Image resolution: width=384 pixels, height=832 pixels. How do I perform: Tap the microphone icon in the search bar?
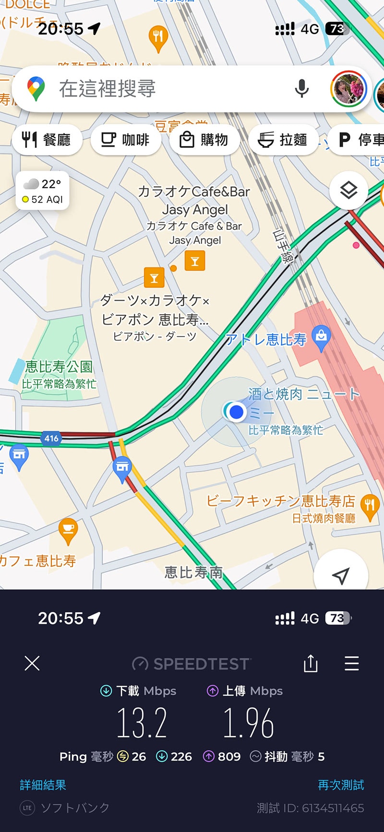coord(301,88)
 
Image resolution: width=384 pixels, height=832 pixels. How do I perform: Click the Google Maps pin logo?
coord(36,88)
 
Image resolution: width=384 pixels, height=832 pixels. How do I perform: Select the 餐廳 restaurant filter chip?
coord(47,140)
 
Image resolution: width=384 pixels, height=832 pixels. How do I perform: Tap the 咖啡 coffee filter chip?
coord(125,140)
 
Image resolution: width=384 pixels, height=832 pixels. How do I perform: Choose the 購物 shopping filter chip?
coord(204,140)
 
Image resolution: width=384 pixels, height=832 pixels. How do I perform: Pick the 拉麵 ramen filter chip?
coord(283,140)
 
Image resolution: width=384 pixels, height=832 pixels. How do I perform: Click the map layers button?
coord(348,190)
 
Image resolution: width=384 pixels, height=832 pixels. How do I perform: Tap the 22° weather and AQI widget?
coord(43,191)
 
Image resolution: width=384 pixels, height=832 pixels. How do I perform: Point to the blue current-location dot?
coord(236,412)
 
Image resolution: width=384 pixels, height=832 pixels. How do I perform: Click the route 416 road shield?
coord(51,438)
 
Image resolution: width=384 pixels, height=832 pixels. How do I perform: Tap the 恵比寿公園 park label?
coord(59,367)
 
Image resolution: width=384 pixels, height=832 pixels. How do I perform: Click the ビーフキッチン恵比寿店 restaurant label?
coord(281,501)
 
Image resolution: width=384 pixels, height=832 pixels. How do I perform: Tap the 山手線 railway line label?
coord(283,246)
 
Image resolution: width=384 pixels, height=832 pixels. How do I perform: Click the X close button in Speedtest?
coord(32,664)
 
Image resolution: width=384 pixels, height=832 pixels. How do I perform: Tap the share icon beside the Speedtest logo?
coord(311,664)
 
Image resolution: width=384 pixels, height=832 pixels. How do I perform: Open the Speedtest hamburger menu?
coord(352,664)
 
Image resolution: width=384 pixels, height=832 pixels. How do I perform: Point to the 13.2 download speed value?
coord(142,723)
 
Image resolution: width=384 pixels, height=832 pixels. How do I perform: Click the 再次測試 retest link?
coord(341,785)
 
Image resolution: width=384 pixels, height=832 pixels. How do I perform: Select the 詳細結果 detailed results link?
coord(43,785)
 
